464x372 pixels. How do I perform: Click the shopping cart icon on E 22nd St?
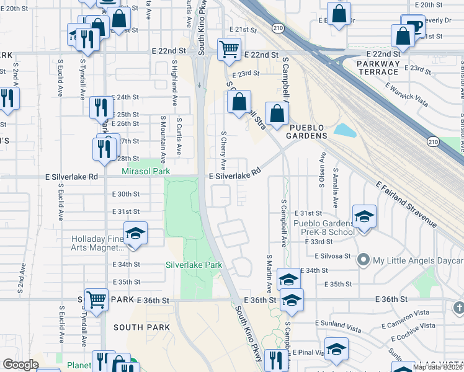[229, 48]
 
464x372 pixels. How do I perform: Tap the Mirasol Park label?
[146, 170]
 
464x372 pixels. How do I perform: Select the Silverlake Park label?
[194, 265]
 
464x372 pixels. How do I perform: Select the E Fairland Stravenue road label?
[406, 204]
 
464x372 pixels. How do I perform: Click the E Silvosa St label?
[332, 255]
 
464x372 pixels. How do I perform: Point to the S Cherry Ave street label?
[224, 149]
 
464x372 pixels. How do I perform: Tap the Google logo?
[20, 365]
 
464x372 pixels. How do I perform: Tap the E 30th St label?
[126, 194]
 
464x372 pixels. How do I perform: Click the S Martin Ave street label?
[269, 273]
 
